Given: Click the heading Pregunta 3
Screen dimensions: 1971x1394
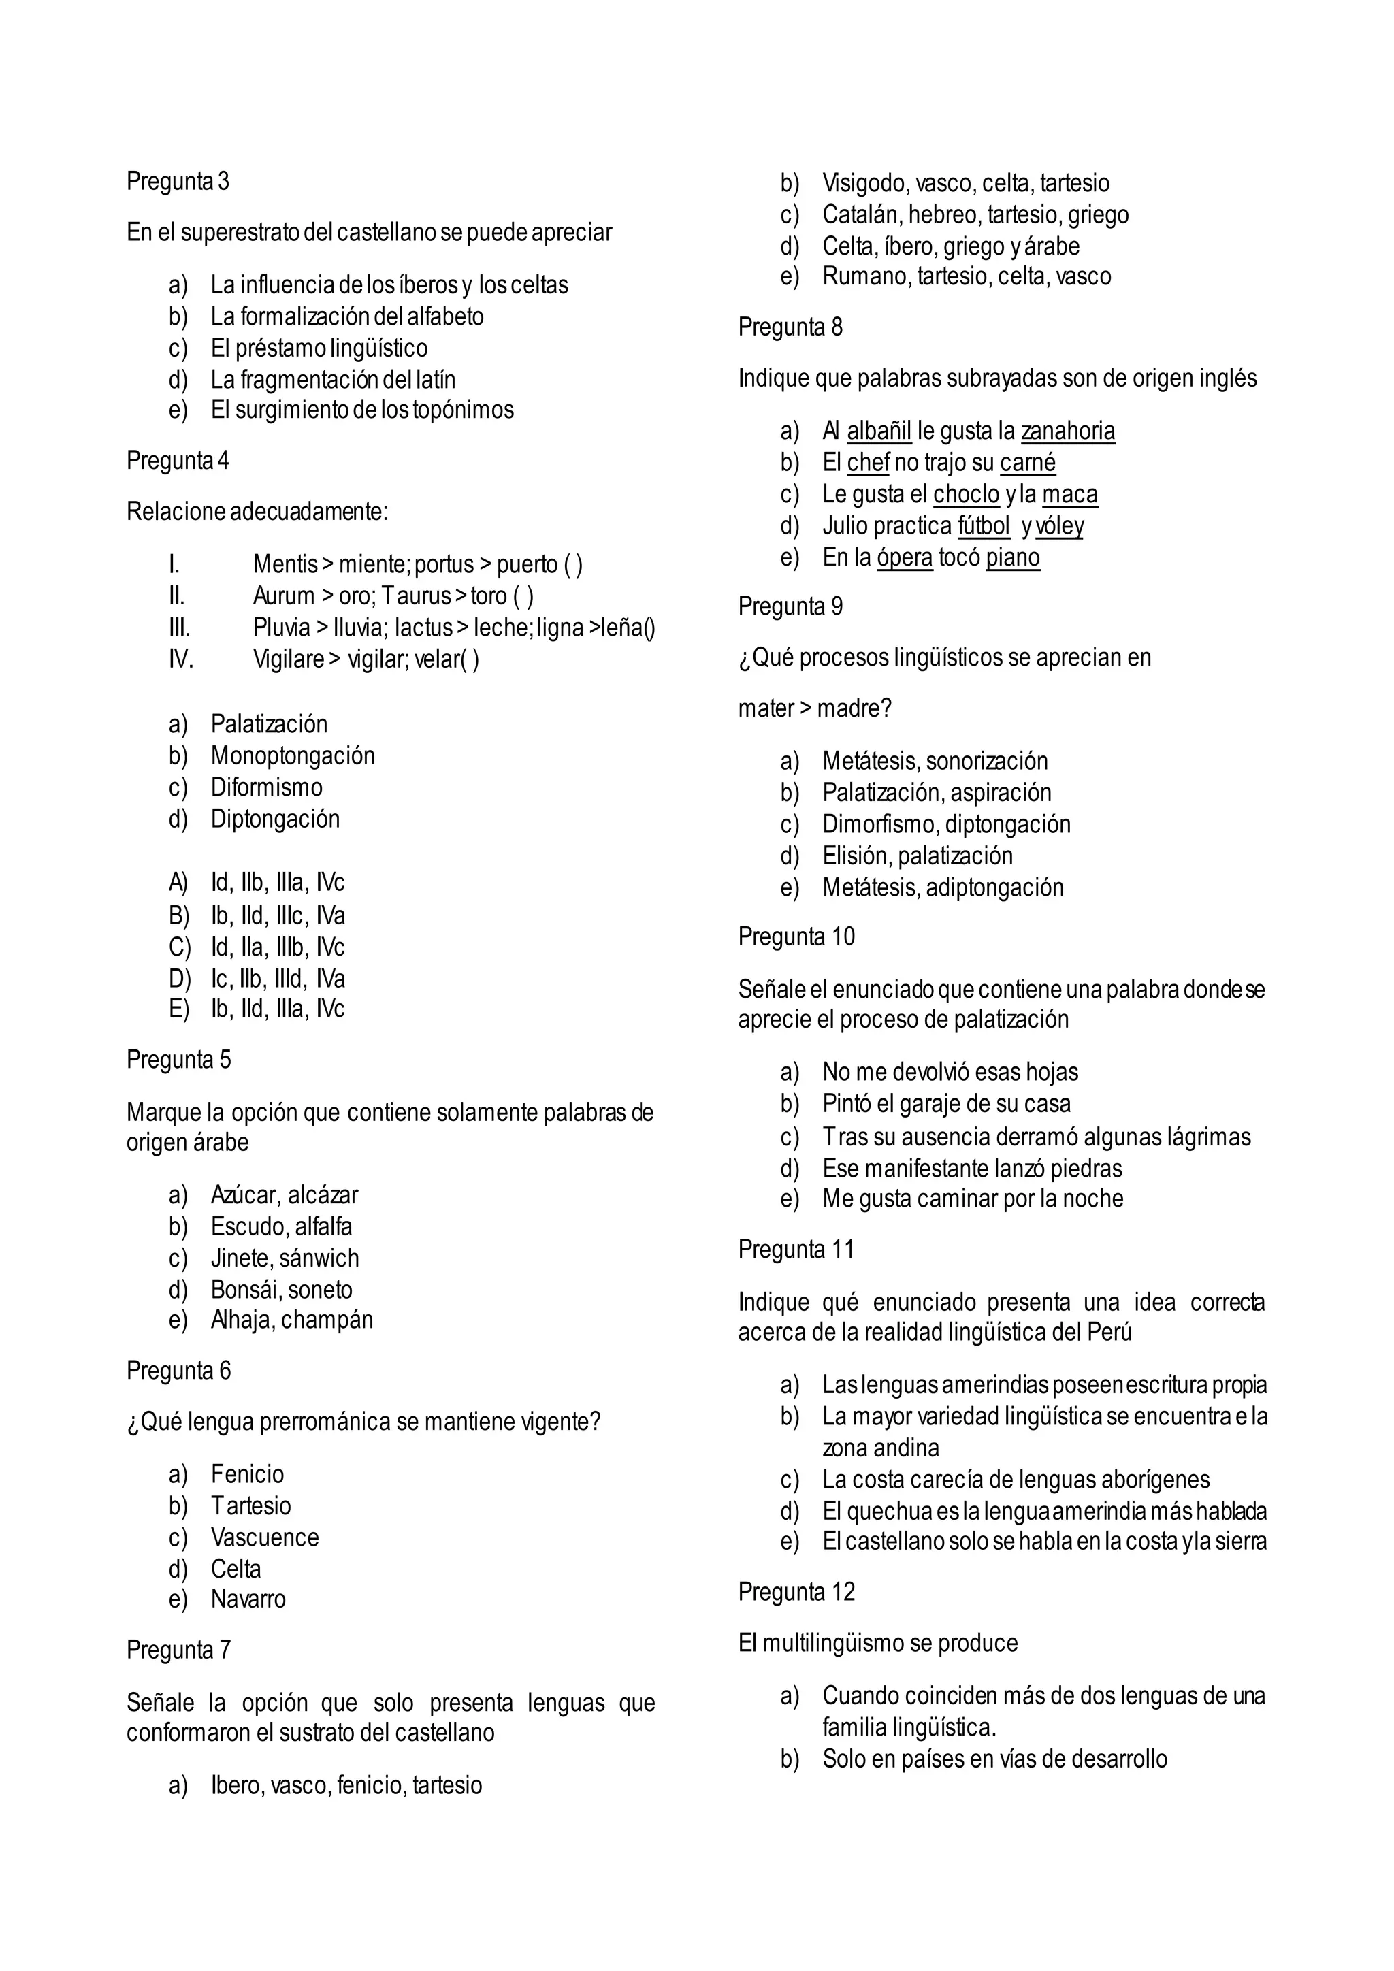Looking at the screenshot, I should pyautogui.click(x=178, y=181).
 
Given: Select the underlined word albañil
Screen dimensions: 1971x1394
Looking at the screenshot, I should pyautogui.click(x=878, y=431).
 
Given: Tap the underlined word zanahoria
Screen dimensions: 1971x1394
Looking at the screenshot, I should pyautogui.click(x=1067, y=431).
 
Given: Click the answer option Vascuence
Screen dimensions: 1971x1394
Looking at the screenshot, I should pyautogui.click(x=264, y=1537).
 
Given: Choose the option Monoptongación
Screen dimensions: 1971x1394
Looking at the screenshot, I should pyautogui.click(x=293, y=755).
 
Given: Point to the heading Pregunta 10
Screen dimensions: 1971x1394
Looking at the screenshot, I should pyautogui.click(x=796, y=936).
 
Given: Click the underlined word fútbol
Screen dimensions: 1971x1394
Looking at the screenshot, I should pyautogui.click(x=984, y=525).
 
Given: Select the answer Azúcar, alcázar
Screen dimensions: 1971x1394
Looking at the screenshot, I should pyautogui.click(x=284, y=1195).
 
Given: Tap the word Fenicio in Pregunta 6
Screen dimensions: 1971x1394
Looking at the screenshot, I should pyautogui.click(x=247, y=1474).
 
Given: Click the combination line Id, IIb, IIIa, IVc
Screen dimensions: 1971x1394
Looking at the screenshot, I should pyautogui.click(x=277, y=883).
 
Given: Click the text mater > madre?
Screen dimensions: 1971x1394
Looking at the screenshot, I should pyautogui.click(x=815, y=708).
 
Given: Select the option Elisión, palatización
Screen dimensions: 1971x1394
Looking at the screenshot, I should pyautogui.click(x=917, y=856).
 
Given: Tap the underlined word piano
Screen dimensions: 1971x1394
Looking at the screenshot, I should pyautogui.click(x=1012, y=558).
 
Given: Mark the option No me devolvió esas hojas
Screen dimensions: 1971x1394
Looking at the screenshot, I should pyautogui.click(x=950, y=1072).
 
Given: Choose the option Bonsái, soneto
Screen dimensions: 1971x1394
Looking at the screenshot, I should pyautogui.click(x=282, y=1290).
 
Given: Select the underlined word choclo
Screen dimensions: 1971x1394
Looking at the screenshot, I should pyautogui.click(x=966, y=495).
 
